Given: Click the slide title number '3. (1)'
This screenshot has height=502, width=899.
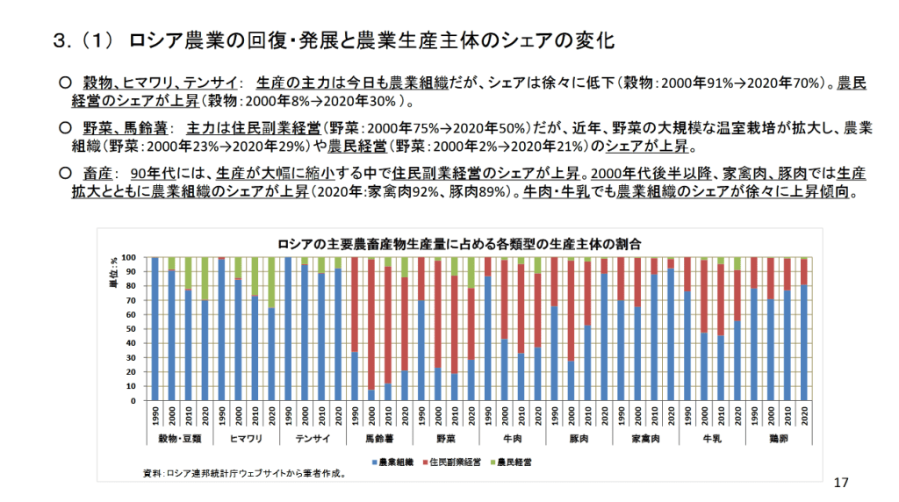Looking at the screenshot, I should [83, 41].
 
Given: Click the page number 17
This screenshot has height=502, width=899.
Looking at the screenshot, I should [841, 483].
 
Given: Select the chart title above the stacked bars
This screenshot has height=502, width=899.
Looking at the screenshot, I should [457, 242].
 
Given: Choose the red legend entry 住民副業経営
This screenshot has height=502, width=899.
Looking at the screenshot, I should [453, 461].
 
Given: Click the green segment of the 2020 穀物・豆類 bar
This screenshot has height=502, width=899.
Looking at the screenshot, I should [205, 278].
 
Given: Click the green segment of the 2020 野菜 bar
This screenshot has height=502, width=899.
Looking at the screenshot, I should [471, 272].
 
